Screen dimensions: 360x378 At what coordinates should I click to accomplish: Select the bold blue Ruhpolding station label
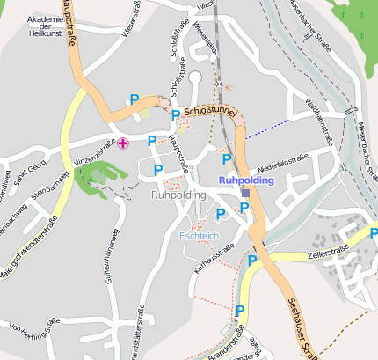coord(246,180)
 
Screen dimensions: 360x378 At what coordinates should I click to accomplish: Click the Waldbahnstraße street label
coord(318,124)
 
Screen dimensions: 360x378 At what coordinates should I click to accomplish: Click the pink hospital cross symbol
coord(123,143)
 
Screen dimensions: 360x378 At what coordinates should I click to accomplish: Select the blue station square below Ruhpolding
coord(246,192)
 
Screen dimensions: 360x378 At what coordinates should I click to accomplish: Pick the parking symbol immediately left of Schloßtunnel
coord(175,115)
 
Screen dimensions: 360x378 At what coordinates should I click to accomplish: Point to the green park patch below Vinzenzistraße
coord(92,180)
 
